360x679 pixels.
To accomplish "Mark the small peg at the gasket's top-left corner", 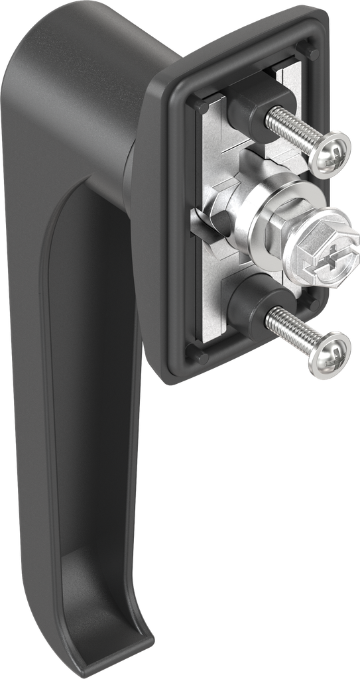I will [200, 106].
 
